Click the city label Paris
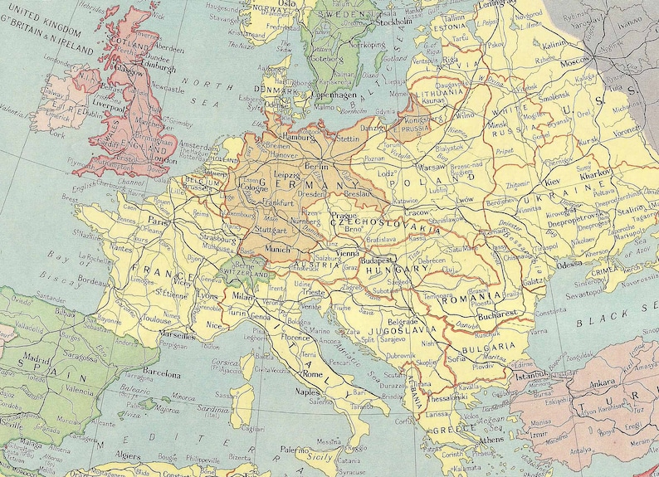[159, 222]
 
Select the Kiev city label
[553, 181]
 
